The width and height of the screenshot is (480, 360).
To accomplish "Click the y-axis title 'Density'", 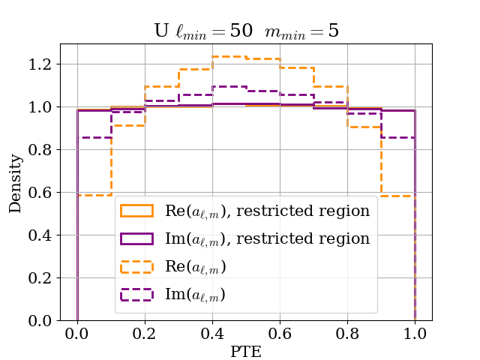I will coord(16,183).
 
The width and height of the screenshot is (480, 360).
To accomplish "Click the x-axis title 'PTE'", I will coord(246,351).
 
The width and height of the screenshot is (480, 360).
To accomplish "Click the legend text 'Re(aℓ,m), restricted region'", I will coord(267,211).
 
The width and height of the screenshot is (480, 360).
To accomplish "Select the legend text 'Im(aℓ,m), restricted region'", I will coord(267,238).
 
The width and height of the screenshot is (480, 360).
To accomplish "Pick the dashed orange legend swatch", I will coord(137,267).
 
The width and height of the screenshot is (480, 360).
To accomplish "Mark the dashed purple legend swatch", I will coord(137,295).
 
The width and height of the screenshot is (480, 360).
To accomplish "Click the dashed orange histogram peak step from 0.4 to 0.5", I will coord(229,57).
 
